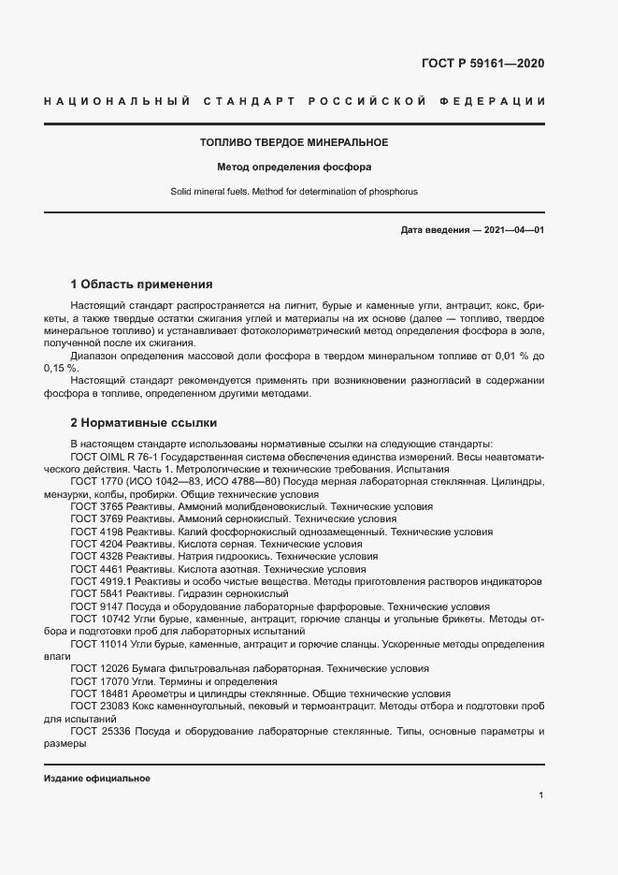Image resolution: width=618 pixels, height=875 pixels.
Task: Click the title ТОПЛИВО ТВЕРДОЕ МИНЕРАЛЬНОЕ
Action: [x=294, y=142]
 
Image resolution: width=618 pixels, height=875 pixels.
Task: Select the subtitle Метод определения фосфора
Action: [x=294, y=168]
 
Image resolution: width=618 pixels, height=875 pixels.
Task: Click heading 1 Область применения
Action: [x=142, y=284]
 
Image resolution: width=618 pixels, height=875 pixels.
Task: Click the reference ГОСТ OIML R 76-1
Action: [x=116, y=456]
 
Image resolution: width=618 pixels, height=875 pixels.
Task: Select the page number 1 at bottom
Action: [x=541, y=795]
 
